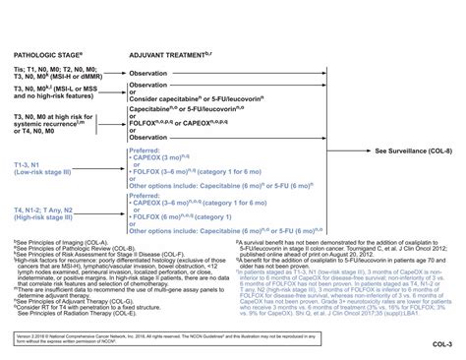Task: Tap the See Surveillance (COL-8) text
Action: (x=413, y=151)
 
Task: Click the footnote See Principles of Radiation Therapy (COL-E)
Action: (x=73, y=312)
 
